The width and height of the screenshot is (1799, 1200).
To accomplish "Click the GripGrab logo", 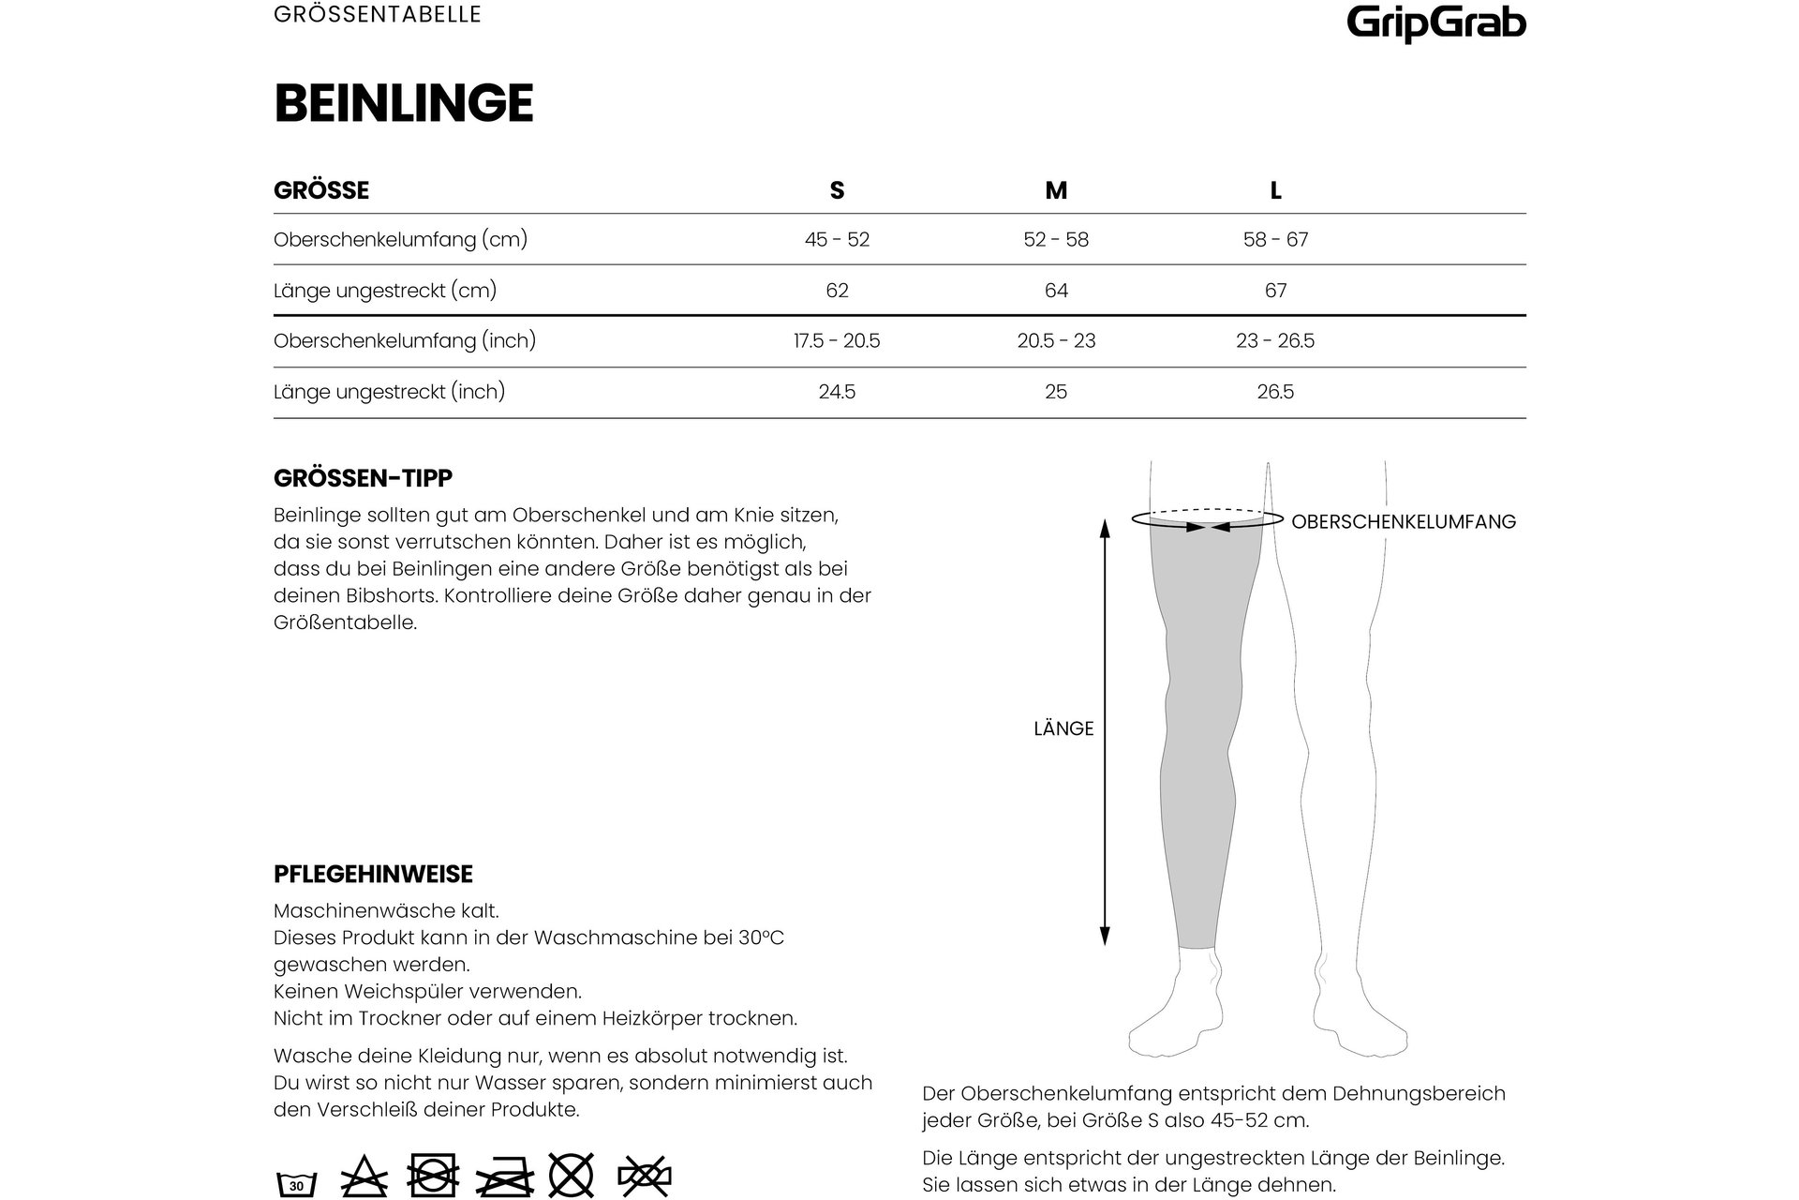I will coord(1435,22).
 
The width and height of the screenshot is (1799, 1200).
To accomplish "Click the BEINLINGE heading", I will coord(404,103).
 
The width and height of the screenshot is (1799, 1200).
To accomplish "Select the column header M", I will coord(1056,190).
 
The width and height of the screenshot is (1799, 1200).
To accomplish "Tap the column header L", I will coord(1275,190).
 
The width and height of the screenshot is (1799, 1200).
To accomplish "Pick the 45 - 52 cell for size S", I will coord(837,240).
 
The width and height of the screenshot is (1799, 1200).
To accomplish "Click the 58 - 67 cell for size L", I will coord(1275,240).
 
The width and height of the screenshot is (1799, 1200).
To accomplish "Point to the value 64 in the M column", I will coord(1056,291).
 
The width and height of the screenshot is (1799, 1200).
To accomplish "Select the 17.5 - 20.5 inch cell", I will coord(837,341).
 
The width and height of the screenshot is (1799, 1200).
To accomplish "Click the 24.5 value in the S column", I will coord(837,392).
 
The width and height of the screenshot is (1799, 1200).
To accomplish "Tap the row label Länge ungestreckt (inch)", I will coord(389,392).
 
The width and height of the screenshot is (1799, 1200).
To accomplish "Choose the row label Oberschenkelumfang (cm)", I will coord(400,240).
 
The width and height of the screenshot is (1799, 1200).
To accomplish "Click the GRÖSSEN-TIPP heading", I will coord(363,478).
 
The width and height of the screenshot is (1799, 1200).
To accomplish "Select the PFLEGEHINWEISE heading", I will coord(373,874).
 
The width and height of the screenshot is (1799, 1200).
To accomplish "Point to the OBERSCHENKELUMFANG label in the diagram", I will coord(1403,522).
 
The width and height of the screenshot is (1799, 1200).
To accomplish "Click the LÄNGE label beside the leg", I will coord(1063,728).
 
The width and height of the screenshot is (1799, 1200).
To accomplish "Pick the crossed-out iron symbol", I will coord(504,1176).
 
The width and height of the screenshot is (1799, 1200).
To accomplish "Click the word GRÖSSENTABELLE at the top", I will coord(378,15).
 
